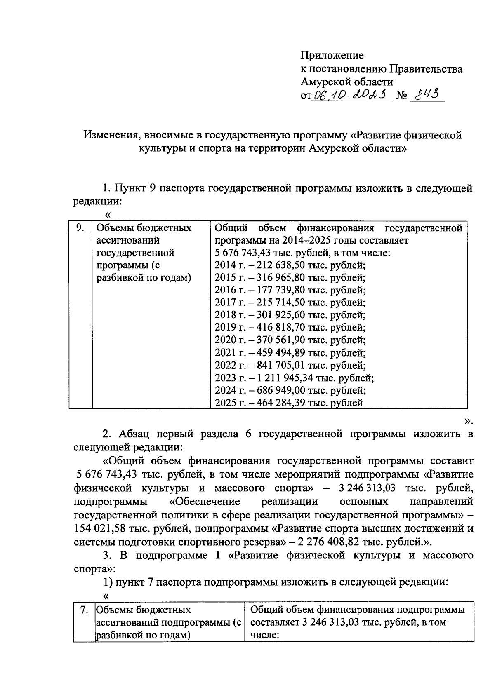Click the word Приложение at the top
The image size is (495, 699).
pyautogui.click(x=332, y=55)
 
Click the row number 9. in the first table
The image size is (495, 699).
pyautogui.click(x=80, y=228)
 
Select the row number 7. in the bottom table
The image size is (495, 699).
pyautogui.click(x=84, y=610)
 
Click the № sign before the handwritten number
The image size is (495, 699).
pyautogui.click(x=402, y=96)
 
